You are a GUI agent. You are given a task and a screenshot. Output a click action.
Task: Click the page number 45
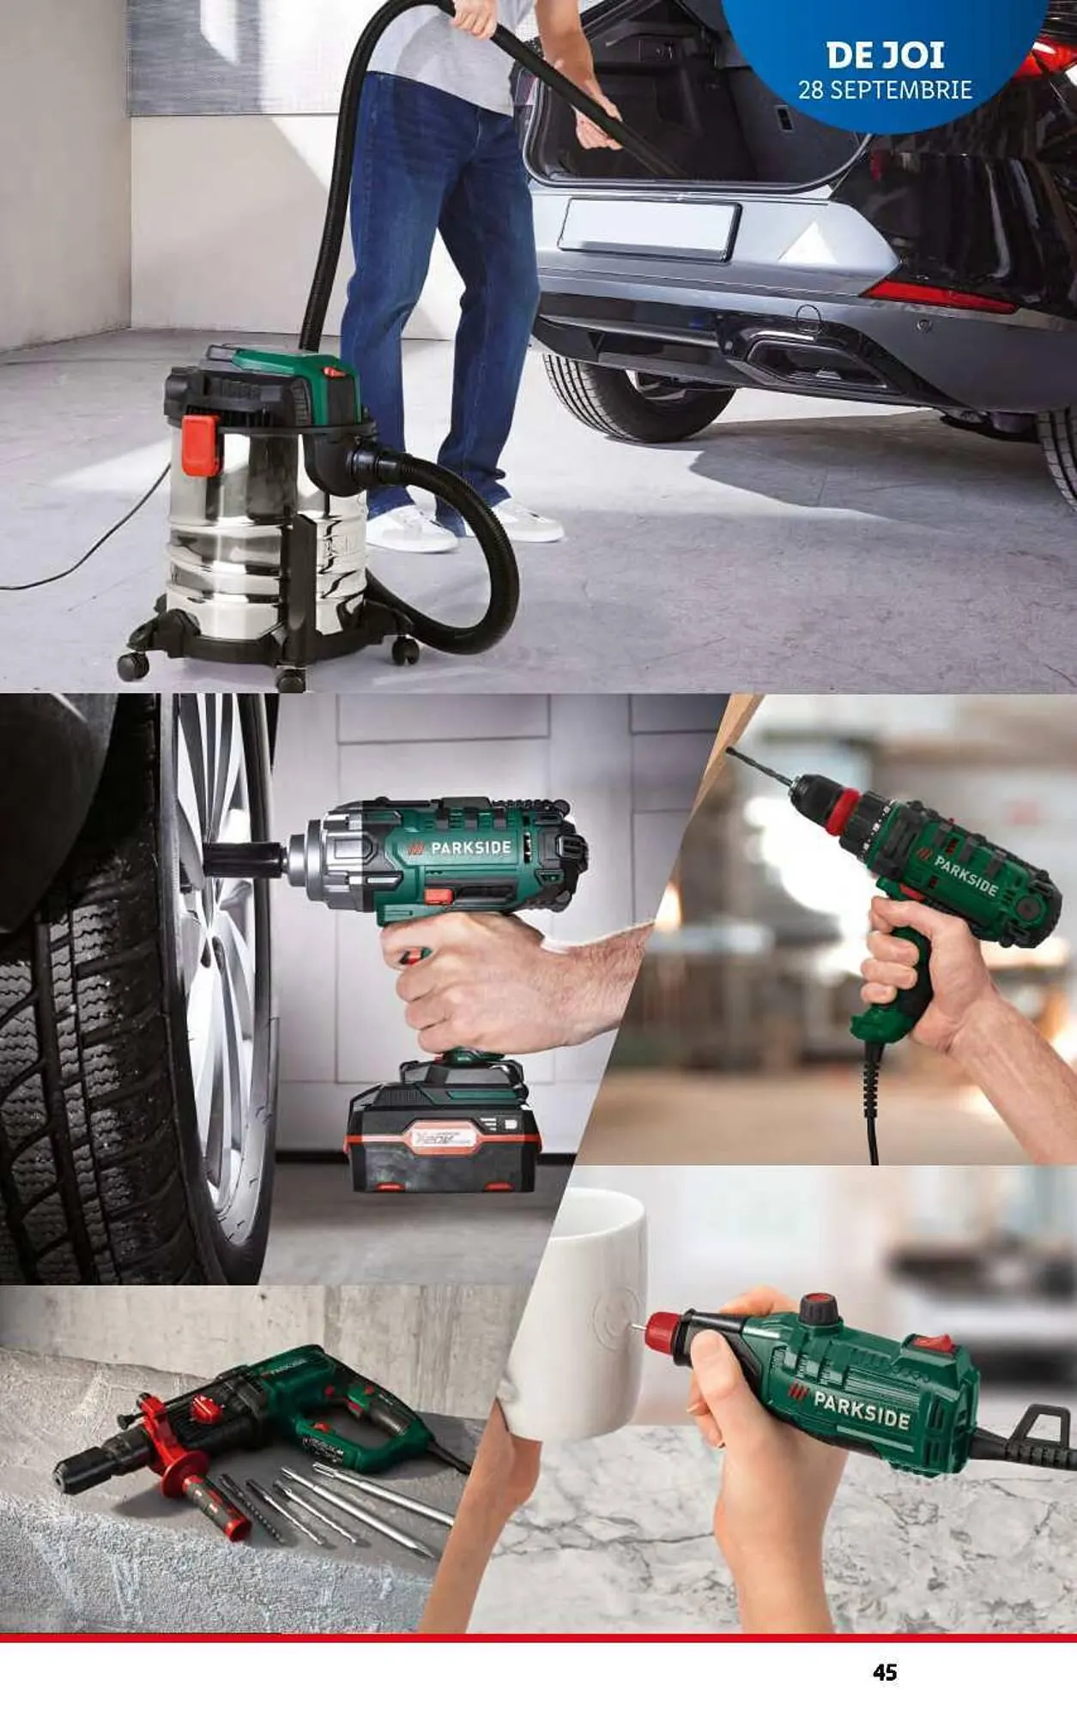click(x=885, y=1671)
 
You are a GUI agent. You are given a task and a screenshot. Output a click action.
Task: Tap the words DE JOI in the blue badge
click(x=885, y=56)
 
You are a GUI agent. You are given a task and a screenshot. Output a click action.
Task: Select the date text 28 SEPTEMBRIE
click(x=885, y=90)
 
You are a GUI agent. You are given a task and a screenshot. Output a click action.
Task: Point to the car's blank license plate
click(x=649, y=228)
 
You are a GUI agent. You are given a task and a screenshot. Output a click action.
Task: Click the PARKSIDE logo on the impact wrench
click(x=461, y=849)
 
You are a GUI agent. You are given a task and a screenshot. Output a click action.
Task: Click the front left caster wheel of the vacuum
click(x=133, y=665)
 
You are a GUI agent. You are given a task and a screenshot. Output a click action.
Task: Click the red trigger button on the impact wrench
click(x=439, y=897)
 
